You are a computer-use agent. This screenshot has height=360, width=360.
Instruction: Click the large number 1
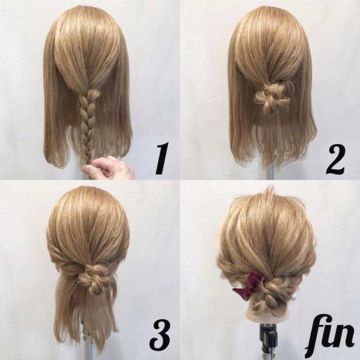162,158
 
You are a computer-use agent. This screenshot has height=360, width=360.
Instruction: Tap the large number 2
335,158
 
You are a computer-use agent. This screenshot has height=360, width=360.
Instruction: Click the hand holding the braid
108,167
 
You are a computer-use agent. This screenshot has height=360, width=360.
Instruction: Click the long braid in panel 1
87,124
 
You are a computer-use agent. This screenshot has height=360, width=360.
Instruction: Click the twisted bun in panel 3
93,278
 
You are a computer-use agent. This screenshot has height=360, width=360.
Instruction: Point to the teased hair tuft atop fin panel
271,193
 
